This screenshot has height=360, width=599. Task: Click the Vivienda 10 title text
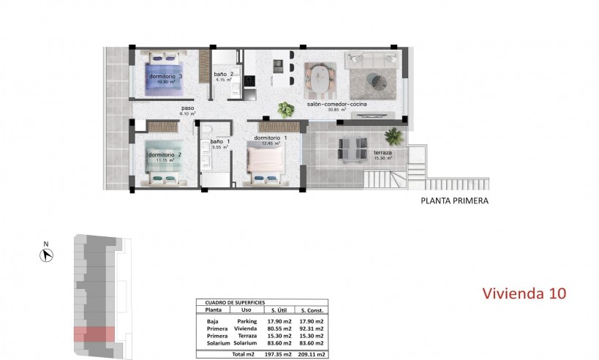[524, 293]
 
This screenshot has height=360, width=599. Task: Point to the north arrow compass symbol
[46, 255]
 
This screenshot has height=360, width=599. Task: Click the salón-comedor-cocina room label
[336, 105]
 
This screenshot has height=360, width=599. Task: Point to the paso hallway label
[188, 109]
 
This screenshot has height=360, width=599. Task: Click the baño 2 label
[223, 75]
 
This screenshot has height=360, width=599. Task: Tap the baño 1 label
[219, 141]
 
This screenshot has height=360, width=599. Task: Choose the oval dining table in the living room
[320, 79]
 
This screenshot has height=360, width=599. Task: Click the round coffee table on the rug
[375, 79]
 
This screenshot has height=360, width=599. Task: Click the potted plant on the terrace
[394, 135]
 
